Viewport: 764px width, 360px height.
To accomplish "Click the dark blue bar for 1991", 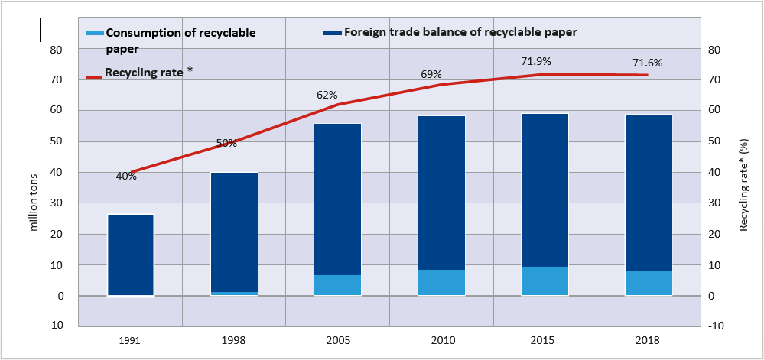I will tap(131, 255).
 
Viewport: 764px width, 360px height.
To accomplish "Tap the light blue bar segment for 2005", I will tap(338, 285).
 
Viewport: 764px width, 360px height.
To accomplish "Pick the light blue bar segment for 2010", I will tap(441, 283).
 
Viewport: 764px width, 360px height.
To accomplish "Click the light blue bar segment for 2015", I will tap(545, 281).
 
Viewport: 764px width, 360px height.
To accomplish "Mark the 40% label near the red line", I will tap(126, 176).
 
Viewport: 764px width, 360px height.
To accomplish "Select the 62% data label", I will tap(327, 96).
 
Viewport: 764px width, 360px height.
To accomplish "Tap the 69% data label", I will tap(432, 74).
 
